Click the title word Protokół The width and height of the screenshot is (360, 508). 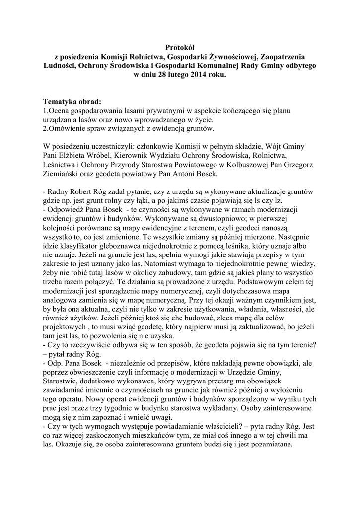point(180,47)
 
